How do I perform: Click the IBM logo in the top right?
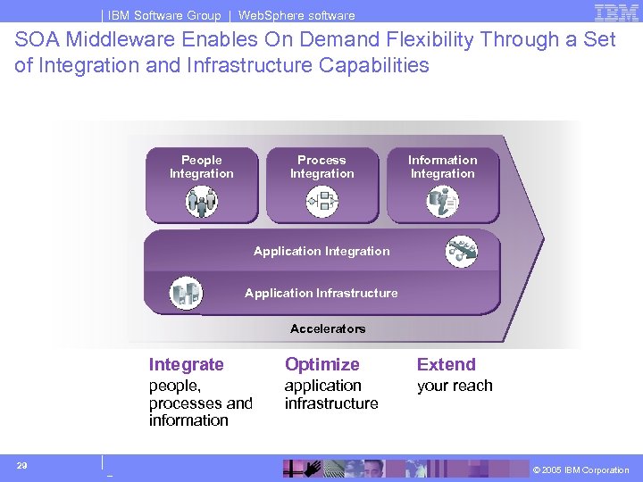[615, 12]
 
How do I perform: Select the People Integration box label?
[202, 167]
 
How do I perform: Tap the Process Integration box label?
[321, 167]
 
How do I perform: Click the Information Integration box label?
[443, 167]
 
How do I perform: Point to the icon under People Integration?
[202, 202]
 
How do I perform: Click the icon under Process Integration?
[321, 202]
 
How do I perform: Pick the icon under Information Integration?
[443, 202]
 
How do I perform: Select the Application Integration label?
[321, 252]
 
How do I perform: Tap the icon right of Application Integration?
[462, 252]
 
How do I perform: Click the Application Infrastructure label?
[321, 293]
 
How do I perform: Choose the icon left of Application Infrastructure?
[186, 293]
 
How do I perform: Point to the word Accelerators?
[328, 328]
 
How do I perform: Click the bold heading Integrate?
[186, 364]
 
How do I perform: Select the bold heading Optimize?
[321, 364]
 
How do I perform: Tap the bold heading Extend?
[446, 364]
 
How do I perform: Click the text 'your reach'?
[455, 386]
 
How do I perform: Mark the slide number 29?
[21, 465]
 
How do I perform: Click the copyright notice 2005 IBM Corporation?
[580, 470]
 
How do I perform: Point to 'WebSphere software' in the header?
[296, 15]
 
